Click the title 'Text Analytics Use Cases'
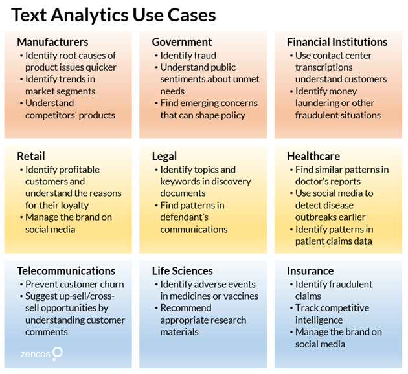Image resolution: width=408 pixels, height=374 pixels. coord(113,14)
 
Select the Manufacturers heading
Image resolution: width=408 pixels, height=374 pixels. coord(52,43)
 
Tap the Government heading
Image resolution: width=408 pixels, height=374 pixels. coord(182,43)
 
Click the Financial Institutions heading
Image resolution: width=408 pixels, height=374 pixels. coord(337,43)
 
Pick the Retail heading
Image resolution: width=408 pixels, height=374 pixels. coord(31,157)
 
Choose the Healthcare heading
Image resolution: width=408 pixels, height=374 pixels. coord(314,157)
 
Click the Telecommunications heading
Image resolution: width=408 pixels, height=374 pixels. coord(66,271)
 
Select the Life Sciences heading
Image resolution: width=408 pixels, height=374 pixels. coord(183,271)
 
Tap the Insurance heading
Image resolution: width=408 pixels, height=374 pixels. coord(310,271)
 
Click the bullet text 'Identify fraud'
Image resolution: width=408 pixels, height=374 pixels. coord(188,56)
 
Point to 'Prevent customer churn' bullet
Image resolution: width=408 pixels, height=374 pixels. coord(74,284)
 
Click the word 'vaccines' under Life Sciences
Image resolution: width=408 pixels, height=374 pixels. coord(239,296)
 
